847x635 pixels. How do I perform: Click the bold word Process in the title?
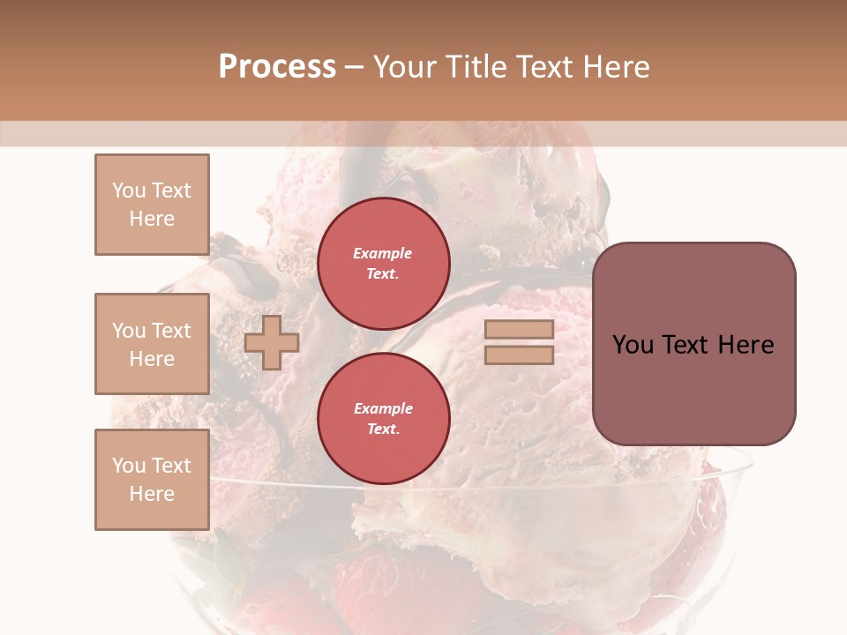point(277,67)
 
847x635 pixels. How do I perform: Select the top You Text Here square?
point(152,205)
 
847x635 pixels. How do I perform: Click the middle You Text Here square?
point(152,344)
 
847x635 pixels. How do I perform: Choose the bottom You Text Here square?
point(152,480)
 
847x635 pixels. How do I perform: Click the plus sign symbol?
point(272,343)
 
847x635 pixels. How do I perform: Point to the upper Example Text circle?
point(384,263)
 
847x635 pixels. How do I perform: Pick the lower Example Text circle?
point(384,418)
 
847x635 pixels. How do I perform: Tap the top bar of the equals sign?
point(519,330)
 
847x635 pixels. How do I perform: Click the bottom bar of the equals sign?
point(519,355)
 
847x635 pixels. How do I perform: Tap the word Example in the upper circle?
point(382,253)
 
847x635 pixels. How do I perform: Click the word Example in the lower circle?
point(382,408)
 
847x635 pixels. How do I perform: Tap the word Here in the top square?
point(152,219)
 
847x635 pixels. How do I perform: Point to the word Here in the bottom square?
point(152,494)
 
